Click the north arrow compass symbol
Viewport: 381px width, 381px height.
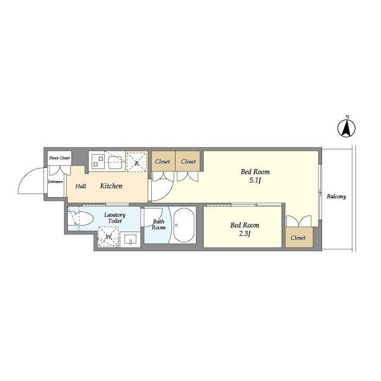point(346,128)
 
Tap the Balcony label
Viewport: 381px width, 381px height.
point(336,196)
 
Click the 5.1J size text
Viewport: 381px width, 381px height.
point(255,180)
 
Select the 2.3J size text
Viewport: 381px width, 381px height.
point(245,234)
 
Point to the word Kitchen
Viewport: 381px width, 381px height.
point(111,186)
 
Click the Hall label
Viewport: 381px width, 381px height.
point(81,186)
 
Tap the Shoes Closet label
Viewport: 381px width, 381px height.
point(60,158)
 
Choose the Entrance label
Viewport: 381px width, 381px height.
point(55,182)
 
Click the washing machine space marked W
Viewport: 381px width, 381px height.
point(108,236)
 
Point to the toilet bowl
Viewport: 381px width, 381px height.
point(83,218)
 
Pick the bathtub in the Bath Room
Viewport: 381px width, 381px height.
point(184,225)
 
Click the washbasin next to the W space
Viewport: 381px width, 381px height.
point(130,239)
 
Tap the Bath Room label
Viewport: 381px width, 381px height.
point(158,224)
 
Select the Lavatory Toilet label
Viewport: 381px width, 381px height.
point(115,218)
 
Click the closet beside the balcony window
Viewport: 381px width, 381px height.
point(299,238)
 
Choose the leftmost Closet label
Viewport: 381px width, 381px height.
point(163,161)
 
